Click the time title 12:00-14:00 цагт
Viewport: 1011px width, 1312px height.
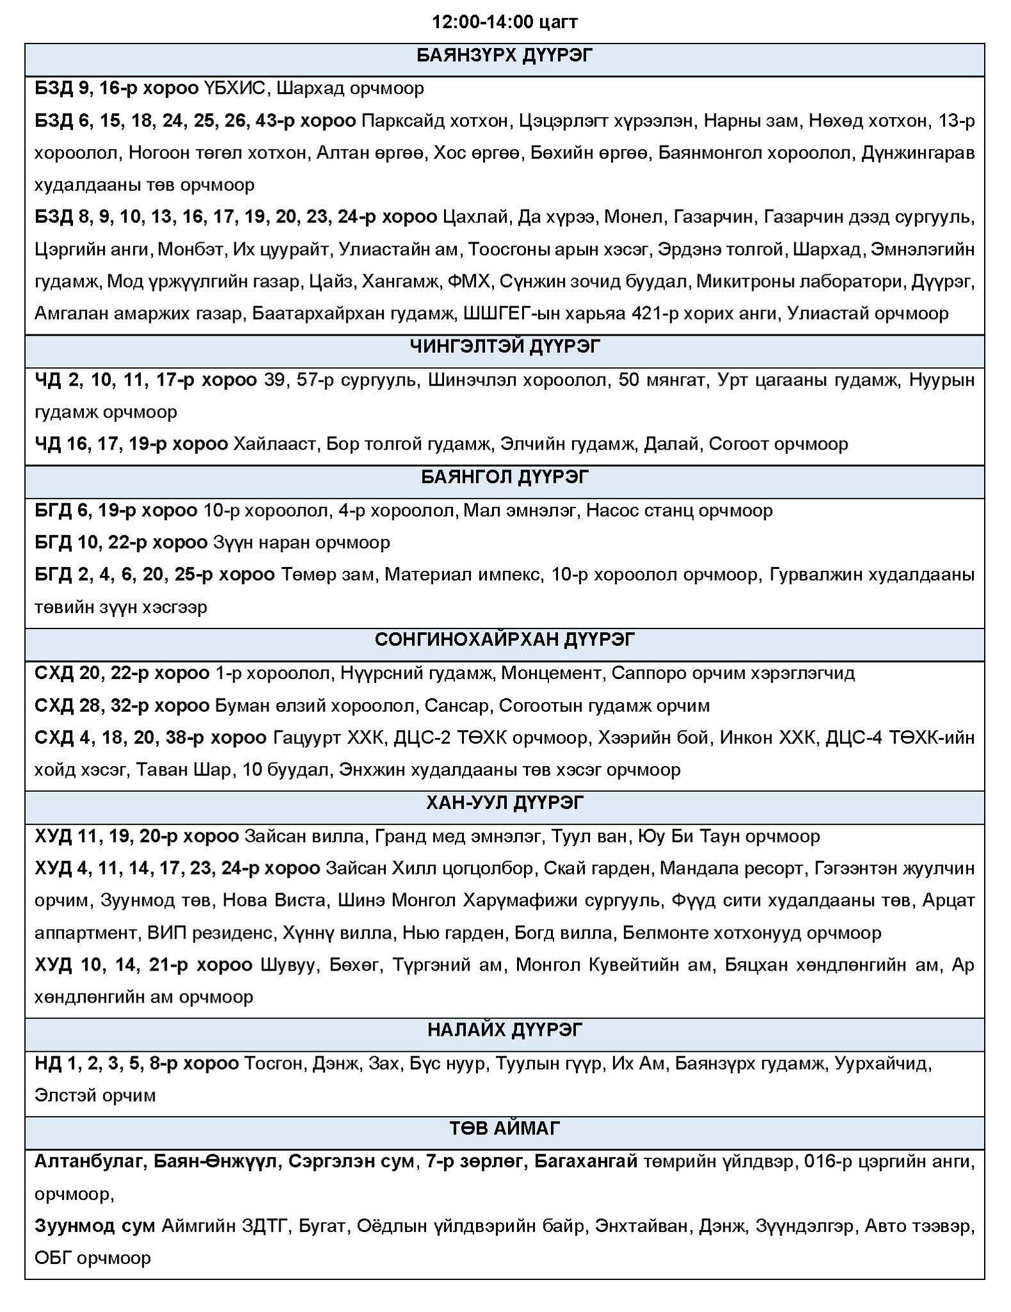[505, 22]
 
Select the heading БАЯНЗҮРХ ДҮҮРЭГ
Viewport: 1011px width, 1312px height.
[505, 56]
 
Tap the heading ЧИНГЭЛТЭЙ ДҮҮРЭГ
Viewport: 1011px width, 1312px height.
[505, 347]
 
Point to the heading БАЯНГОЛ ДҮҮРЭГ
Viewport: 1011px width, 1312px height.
[505, 477]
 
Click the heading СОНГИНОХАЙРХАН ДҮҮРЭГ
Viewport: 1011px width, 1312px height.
[505, 639]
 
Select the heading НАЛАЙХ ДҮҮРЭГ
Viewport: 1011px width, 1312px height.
[505, 1029]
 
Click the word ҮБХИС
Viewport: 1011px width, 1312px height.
[234, 88]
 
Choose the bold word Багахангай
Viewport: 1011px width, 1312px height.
[586, 1161]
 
